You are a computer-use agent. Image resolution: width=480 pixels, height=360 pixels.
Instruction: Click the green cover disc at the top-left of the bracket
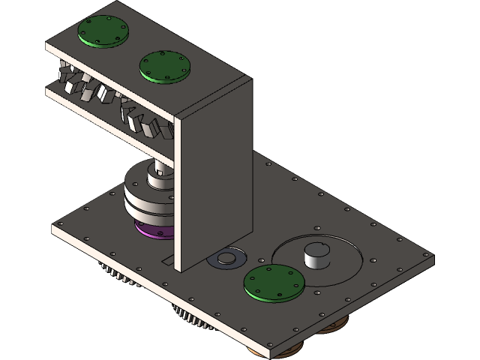pos(103,31)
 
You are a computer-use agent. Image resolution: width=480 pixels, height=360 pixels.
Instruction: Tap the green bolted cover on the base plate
pos(275,282)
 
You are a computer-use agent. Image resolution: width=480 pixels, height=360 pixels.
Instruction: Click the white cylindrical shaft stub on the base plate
pos(316,256)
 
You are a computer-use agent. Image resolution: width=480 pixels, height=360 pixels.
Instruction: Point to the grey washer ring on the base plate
pos(225,259)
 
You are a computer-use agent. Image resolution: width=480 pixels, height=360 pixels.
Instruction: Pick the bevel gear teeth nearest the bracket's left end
pos(72,78)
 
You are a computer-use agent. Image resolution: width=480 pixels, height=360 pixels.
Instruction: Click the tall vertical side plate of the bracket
pos(214,180)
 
